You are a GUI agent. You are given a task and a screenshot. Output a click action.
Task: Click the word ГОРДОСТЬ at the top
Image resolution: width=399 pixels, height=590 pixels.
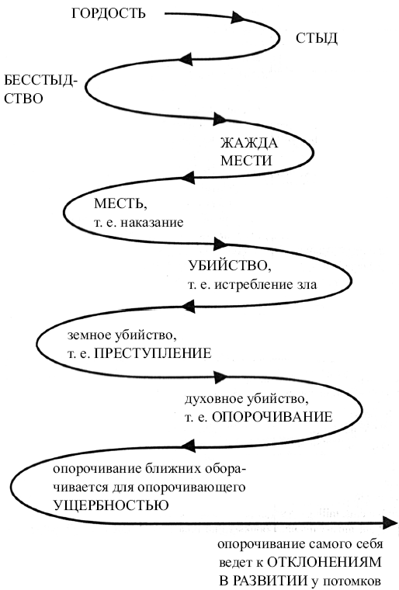109,13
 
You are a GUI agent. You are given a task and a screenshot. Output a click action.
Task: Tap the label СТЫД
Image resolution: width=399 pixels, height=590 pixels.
316,38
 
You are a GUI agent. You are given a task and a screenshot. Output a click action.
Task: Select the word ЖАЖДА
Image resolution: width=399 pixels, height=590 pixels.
249,143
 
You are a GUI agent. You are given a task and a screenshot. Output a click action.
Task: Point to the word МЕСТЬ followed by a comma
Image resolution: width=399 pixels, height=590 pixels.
120,204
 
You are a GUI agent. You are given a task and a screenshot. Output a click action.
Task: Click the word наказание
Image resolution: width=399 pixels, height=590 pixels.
152,222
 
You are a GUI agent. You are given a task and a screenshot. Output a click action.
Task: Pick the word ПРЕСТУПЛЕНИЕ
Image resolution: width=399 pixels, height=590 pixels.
152,353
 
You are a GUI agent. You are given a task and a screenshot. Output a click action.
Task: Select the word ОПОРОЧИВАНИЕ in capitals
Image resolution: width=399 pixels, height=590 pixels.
272,417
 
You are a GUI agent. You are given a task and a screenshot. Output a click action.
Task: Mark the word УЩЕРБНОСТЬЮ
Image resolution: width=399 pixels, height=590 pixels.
111,505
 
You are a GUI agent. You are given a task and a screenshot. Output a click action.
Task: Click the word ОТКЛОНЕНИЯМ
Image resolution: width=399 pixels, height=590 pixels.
324,563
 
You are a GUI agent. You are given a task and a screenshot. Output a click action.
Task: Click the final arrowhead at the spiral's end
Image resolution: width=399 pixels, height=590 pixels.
390,522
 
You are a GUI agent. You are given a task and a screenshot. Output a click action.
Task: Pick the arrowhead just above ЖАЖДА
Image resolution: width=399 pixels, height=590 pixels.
220,119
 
